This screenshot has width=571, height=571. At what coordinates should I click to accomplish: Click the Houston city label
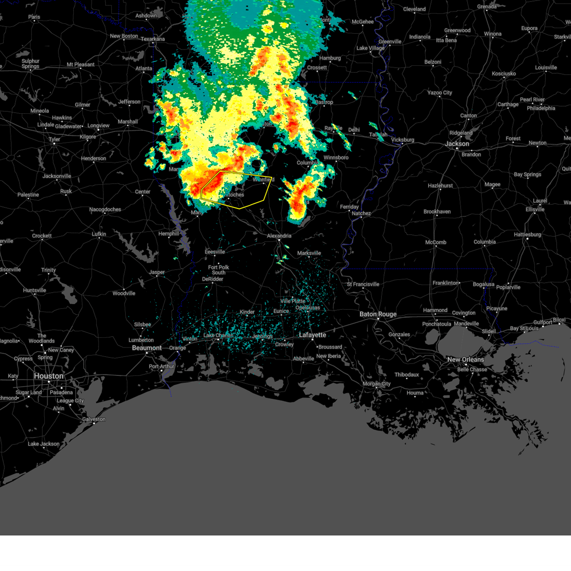tap(49, 376)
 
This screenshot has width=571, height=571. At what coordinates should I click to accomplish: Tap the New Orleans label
tap(465, 359)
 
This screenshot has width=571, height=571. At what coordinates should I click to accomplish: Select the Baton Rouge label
tap(378, 314)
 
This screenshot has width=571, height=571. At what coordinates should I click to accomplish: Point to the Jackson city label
tap(457, 144)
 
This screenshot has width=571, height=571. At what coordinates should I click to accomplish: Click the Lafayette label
tap(312, 335)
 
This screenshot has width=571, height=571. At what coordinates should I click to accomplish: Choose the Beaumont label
tap(147, 348)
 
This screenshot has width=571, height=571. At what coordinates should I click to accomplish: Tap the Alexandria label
tap(279, 236)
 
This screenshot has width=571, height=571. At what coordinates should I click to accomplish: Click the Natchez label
tap(361, 213)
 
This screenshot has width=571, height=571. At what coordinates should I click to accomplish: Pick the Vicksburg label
tap(403, 140)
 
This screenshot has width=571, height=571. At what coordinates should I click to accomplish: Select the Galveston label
tap(94, 419)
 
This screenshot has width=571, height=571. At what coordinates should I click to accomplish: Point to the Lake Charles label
tap(218, 335)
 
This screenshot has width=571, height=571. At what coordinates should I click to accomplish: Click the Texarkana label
tap(153, 39)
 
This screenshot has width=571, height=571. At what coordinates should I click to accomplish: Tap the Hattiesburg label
tap(527, 234)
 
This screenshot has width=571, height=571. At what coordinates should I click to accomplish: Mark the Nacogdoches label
tap(105, 209)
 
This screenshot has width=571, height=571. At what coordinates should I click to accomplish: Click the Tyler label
tap(54, 139)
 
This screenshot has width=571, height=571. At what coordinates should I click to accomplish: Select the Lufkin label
tap(99, 234)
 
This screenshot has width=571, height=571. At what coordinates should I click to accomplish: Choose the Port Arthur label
tap(162, 366)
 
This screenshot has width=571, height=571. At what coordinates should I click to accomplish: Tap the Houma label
tap(415, 393)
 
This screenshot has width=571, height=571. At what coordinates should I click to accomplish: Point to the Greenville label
tap(390, 41)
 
